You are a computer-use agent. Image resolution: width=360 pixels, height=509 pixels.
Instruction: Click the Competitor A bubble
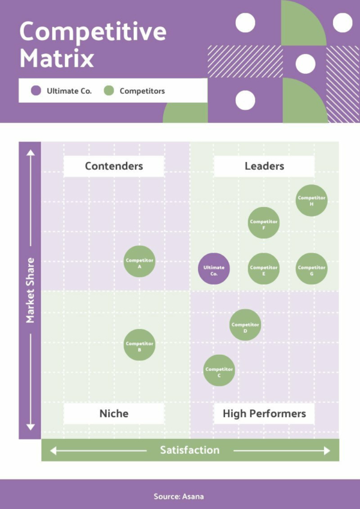pyautogui.click(x=139, y=261)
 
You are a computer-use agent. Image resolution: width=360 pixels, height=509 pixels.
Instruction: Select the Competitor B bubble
pyautogui.click(x=139, y=345)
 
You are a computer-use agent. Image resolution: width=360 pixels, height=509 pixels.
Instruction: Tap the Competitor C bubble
pyautogui.click(x=219, y=370)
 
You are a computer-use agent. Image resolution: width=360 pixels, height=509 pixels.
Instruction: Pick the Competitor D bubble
pyautogui.click(x=245, y=325)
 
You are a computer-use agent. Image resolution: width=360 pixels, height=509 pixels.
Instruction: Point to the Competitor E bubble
pyautogui.click(x=263, y=269)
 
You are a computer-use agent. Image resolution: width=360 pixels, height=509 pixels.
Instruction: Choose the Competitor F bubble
pyautogui.click(x=263, y=223)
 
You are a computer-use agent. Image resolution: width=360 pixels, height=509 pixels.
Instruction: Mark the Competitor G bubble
pyautogui.click(x=311, y=269)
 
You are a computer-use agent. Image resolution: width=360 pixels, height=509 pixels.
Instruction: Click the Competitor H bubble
pyautogui.click(x=311, y=200)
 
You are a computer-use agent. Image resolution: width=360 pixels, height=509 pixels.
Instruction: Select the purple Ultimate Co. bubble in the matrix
pyautogui.click(x=214, y=269)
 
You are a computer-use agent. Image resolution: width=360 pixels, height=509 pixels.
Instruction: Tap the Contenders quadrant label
pyautogui.click(x=114, y=166)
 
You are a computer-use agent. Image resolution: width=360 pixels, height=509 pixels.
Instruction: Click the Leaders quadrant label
pyautogui.click(x=264, y=166)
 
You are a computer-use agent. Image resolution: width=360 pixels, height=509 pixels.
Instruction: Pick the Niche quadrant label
pyautogui.click(x=114, y=414)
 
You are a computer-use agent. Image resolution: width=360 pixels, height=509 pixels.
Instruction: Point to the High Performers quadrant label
pyautogui.click(x=264, y=414)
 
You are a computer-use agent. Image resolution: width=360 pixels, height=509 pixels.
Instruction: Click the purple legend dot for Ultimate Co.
pyautogui.click(x=36, y=91)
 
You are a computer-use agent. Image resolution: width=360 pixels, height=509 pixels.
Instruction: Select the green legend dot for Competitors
pyautogui.click(x=109, y=91)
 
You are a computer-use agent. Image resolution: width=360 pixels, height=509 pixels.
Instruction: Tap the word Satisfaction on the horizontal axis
pyautogui.click(x=190, y=450)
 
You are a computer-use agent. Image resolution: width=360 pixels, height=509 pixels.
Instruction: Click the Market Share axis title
pyautogui.click(x=30, y=290)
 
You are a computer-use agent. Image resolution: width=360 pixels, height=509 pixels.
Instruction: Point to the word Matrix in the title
pyautogui.click(x=57, y=58)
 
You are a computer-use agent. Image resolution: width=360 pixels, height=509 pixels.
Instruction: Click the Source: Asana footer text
pyautogui.click(x=179, y=496)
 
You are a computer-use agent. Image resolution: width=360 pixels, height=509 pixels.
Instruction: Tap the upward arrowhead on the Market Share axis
pyautogui.click(x=31, y=152)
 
